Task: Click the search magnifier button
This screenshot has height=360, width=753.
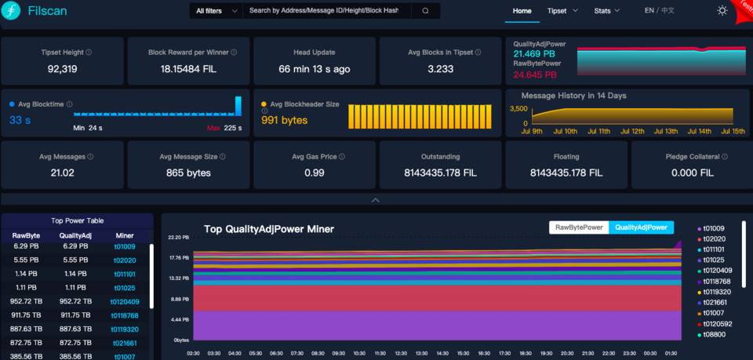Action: click(425, 11)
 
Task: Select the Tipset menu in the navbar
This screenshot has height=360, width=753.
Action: click(562, 11)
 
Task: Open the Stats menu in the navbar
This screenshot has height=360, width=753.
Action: click(606, 11)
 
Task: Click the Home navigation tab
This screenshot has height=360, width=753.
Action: click(522, 11)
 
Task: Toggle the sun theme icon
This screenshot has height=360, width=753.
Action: click(722, 11)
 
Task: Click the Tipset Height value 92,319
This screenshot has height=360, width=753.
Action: click(63, 69)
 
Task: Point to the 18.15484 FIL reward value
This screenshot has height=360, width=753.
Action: click(188, 69)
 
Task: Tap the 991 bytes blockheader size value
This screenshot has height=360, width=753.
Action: click(285, 120)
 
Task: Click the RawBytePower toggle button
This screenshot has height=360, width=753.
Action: click(579, 227)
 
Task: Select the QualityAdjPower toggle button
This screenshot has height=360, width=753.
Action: click(641, 227)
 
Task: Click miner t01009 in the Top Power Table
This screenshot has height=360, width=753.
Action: click(124, 246)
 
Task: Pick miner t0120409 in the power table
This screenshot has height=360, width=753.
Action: click(124, 302)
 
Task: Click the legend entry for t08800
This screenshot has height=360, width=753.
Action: click(715, 335)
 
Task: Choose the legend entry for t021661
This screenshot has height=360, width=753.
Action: click(715, 302)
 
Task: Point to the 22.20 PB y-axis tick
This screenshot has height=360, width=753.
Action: click(180, 237)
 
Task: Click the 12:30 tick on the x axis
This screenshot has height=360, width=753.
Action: click(401, 353)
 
